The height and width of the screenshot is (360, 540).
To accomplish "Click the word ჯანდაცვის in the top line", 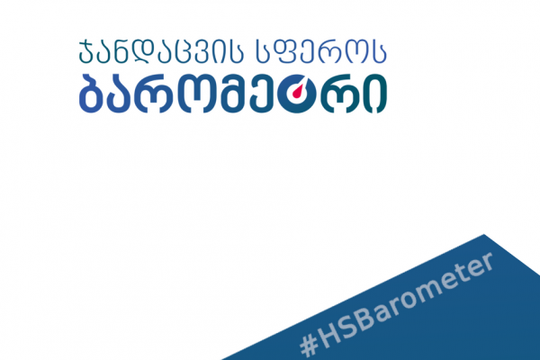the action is click(161, 51).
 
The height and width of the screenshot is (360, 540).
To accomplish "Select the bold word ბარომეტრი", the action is click(233, 94).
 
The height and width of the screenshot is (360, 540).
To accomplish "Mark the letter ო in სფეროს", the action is click(358, 53).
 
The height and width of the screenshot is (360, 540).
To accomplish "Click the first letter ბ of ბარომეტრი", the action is click(91, 94).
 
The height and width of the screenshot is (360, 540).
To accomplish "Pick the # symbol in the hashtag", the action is click(309, 346).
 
